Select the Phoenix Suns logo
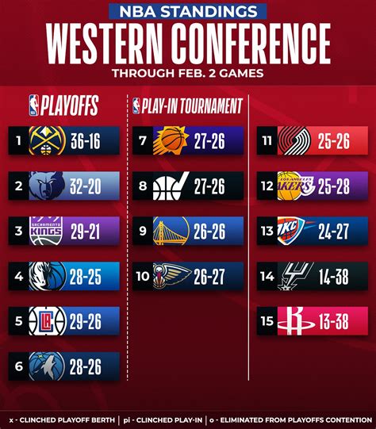[x=171, y=140]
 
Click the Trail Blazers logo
[x=296, y=140]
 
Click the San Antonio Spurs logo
[x=296, y=275]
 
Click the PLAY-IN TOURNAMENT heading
[x=190, y=104]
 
